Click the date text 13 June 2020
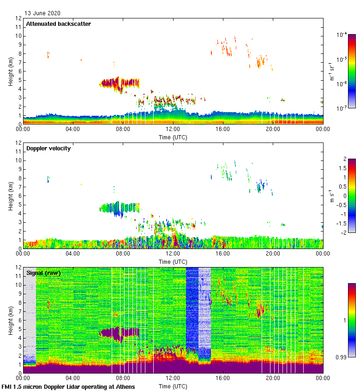coord(42,13)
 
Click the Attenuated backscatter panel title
coord(58,24)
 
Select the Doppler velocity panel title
coord(48,148)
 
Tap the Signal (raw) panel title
coord(43,273)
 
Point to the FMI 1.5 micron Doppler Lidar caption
coord(68,386)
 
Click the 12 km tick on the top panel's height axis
coord(18,18)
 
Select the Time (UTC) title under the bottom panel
coord(173,386)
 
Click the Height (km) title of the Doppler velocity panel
coord(10,196)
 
